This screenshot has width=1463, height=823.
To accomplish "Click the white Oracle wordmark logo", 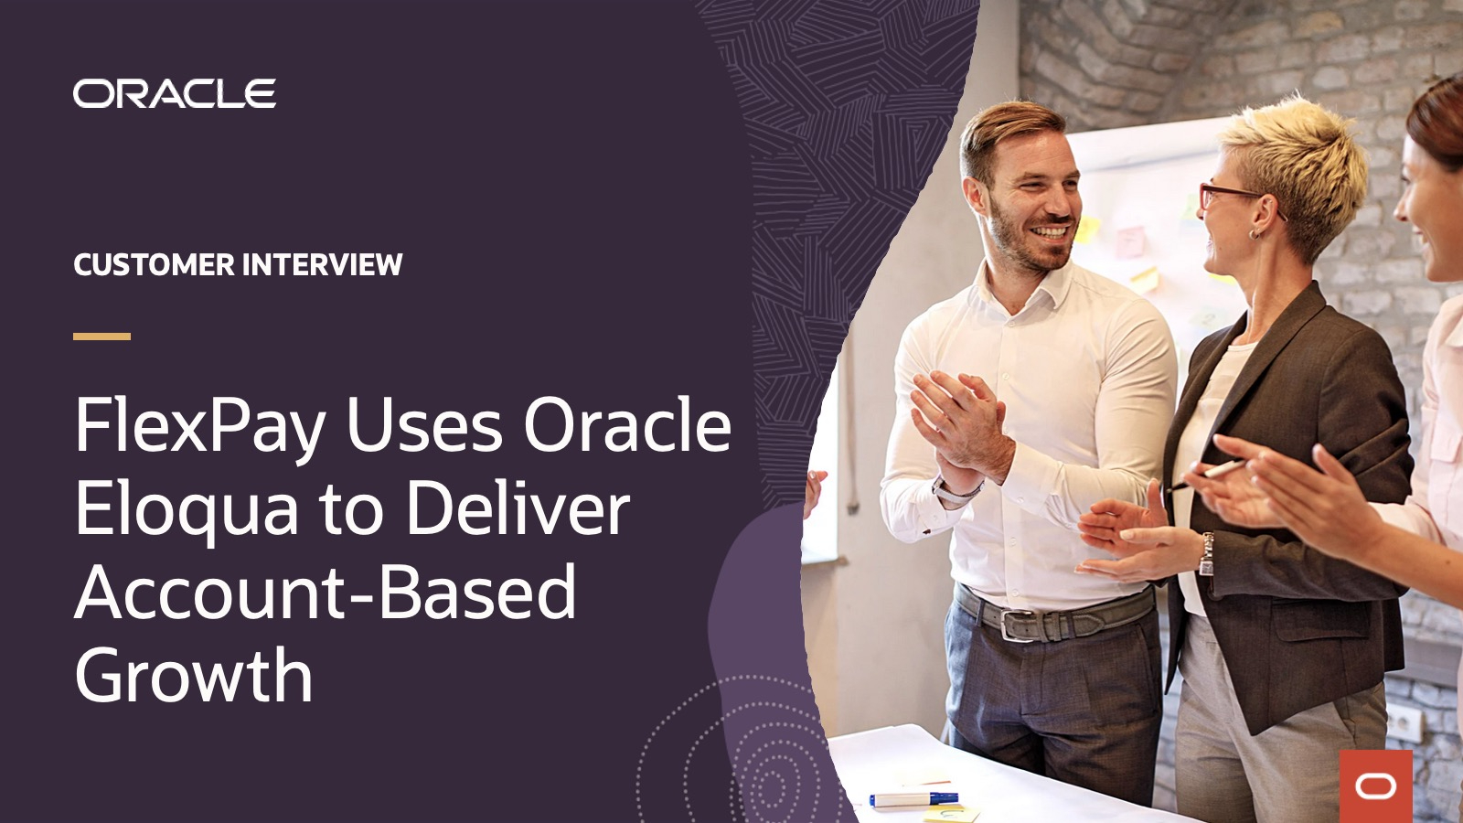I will click(x=174, y=93).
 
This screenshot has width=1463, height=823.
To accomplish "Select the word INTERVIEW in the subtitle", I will click(x=322, y=265).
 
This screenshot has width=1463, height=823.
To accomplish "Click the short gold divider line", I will click(x=101, y=337).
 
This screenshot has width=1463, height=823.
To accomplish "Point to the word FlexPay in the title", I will click(x=200, y=426).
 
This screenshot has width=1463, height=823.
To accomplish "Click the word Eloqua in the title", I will click(x=187, y=509).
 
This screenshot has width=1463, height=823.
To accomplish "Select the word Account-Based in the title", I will click(x=326, y=593).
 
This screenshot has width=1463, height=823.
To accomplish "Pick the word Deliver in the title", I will click(x=518, y=509).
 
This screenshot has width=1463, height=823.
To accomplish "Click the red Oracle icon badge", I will click(x=1375, y=786).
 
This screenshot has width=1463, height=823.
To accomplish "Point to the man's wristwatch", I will click(x=951, y=492).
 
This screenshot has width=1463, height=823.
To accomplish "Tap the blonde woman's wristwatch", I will click(x=1207, y=554).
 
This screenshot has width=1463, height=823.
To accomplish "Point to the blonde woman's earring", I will click(x=1255, y=233).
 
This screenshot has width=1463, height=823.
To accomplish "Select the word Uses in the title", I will click(x=424, y=426).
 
